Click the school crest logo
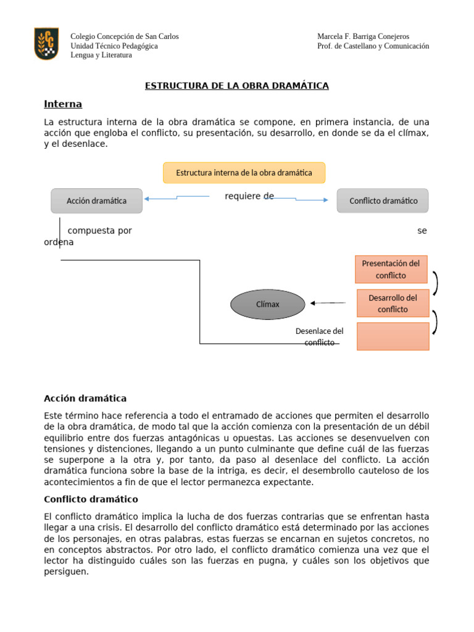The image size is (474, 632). [46, 43]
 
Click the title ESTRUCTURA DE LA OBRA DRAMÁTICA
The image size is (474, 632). [236, 86]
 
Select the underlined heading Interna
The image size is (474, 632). [63, 104]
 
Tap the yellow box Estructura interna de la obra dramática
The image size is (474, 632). [244, 173]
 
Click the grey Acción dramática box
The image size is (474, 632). [96, 201]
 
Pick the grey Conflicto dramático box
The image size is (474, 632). [383, 201]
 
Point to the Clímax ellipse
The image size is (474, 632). [268, 304]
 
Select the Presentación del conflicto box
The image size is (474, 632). [391, 269]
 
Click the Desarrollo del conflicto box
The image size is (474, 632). [393, 303]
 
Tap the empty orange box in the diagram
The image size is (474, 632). [393, 336]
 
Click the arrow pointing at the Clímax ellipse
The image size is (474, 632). [328, 303]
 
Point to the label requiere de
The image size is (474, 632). [249, 196]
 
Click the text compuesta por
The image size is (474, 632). [99, 231]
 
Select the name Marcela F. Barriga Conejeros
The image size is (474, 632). [363, 36]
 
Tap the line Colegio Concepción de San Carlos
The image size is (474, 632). [125, 36]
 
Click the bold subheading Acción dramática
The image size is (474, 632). [85, 398]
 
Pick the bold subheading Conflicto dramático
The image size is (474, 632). [91, 499]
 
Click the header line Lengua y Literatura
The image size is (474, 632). [101, 55]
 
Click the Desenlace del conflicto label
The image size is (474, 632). [319, 336]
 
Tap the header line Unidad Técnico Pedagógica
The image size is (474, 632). [114, 46]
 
